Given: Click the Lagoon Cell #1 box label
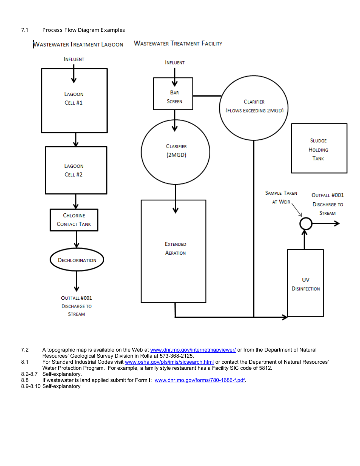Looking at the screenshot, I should (74, 99).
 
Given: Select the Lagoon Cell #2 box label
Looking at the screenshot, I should (74, 170).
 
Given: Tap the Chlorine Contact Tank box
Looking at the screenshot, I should (74, 220).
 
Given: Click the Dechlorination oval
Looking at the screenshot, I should (77, 260).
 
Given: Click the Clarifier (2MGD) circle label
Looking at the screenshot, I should (176, 151).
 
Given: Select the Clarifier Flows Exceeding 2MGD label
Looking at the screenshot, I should (254, 106).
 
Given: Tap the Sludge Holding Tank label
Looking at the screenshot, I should (318, 150).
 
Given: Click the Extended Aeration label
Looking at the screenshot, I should (175, 249).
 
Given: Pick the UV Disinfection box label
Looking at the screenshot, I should (305, 284).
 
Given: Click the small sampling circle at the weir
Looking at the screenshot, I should (305, 224).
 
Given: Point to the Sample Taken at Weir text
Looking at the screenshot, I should (281, 197).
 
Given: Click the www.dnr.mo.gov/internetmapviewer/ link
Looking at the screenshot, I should (193, 350).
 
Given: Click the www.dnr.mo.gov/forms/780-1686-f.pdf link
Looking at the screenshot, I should (200, 380).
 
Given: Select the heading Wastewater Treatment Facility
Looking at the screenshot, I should (178, 44).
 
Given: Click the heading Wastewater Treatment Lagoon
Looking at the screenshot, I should (78, 45).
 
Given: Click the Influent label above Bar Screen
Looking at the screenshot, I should (175, 63).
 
